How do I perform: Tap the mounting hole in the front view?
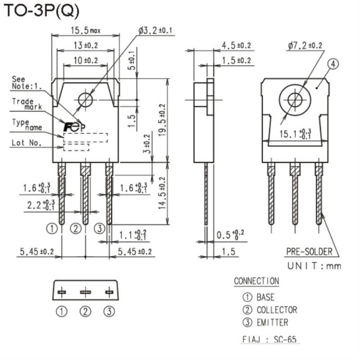pos(86,100)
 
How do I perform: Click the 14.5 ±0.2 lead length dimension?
pos(162,193)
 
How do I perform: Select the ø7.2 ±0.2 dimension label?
pos(304,46)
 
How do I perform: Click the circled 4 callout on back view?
pos(333,64)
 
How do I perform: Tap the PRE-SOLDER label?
pos(309,252)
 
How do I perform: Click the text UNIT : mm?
pos(314,266)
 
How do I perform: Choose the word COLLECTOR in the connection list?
pos(277,310)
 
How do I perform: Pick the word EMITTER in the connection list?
pos(272,322)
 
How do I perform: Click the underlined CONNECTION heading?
pos(256,281)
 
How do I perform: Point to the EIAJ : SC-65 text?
pos(270,340)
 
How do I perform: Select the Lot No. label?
pos(26,142)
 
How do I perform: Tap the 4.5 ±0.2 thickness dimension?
pos(236,45)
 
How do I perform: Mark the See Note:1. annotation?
pos(27,82)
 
